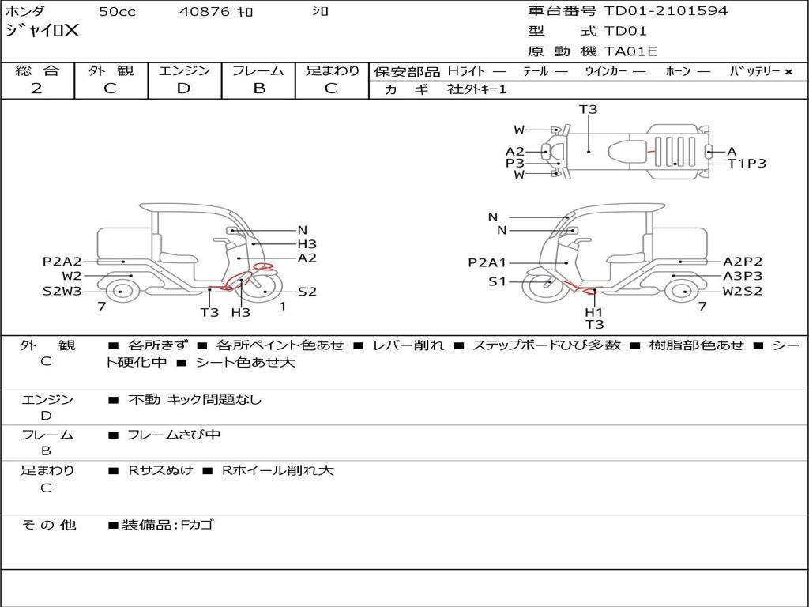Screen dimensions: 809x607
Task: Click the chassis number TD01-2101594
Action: click(666, 11)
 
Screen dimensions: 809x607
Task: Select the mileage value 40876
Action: click(205, 12)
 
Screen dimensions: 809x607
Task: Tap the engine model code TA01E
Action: click(630, 51)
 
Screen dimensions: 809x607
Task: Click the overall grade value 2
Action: click(36, 89)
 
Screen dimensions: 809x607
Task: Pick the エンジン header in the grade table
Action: click(184, 70)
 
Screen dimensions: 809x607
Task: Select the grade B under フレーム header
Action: click(259, 89)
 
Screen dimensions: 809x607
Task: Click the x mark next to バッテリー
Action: click(788, 72)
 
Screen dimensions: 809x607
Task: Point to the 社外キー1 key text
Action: click(477, 89)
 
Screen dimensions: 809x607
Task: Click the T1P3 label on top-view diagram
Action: click(747, 164)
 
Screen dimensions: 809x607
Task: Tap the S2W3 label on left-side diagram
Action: click(62, 292)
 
